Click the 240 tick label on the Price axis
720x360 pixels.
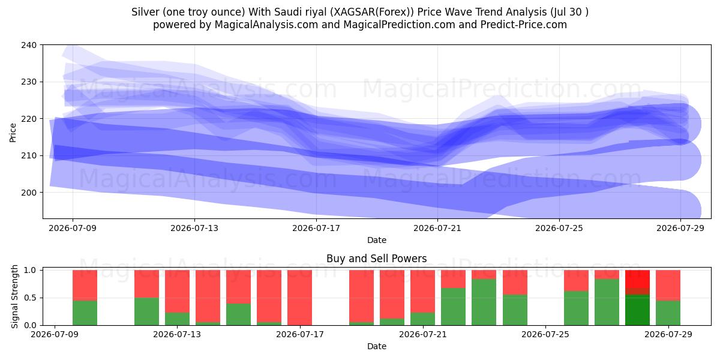pyautogui.click(x=29, y=45)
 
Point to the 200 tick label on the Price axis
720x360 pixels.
pyautogui.click(x=29, y=193)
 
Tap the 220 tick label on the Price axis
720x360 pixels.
pyautogui.click(x=29, y=119)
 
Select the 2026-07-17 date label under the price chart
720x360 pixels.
pyautogui.click(x=316, y=228)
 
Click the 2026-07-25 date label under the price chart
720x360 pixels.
pyautogui.click(x=559, y=228)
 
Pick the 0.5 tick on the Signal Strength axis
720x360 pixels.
pyautogui.click(x=31, y=298)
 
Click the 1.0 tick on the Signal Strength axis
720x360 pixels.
pyautogui.click(x=31, y=271)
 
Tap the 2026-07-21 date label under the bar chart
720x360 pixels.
pyautogui.click(x=422, y=335)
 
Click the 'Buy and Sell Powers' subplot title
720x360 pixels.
pyautogui.click(x=376, y=259)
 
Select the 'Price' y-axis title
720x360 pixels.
pyautogui.click(x=13, y=133)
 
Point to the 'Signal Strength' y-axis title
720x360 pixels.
pyautogui.click(x=14, y=296)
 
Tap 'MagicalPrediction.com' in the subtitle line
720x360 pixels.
pyautogui.click(x=399, y=25)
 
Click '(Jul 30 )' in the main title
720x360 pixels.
pyautogui.click(x=569, y=12)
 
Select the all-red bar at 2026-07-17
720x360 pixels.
pyautogui.click(x=299, y=298)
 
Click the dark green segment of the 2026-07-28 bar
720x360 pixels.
pyautogui.click(x=637, y=310)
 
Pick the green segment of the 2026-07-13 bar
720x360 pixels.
pyautogui.click(x=178, y=319)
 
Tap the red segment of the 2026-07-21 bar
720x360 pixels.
pyautogui.click(x=422, y=291)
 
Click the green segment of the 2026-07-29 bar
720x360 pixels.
pyautogui.click(x=668, y=313)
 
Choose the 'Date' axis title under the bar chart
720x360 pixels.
pyautogui.click(x=377, y=347)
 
